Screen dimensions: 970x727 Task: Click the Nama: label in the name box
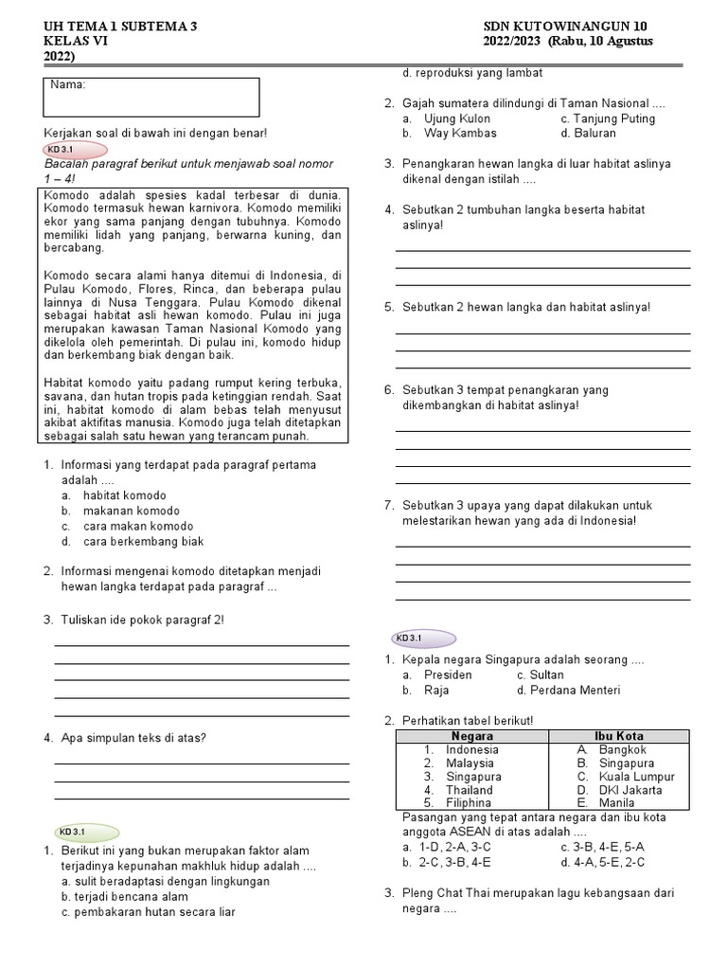pos(68,85)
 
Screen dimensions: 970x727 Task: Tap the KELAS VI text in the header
pos(76,41)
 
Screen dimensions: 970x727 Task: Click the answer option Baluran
pos(594,134)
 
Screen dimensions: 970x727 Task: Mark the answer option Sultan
pos(546,675)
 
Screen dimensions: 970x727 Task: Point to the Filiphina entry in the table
pos(469,802)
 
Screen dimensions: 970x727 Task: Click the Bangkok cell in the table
pos(622,749)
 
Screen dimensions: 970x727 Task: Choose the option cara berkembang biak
pos(143,541)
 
